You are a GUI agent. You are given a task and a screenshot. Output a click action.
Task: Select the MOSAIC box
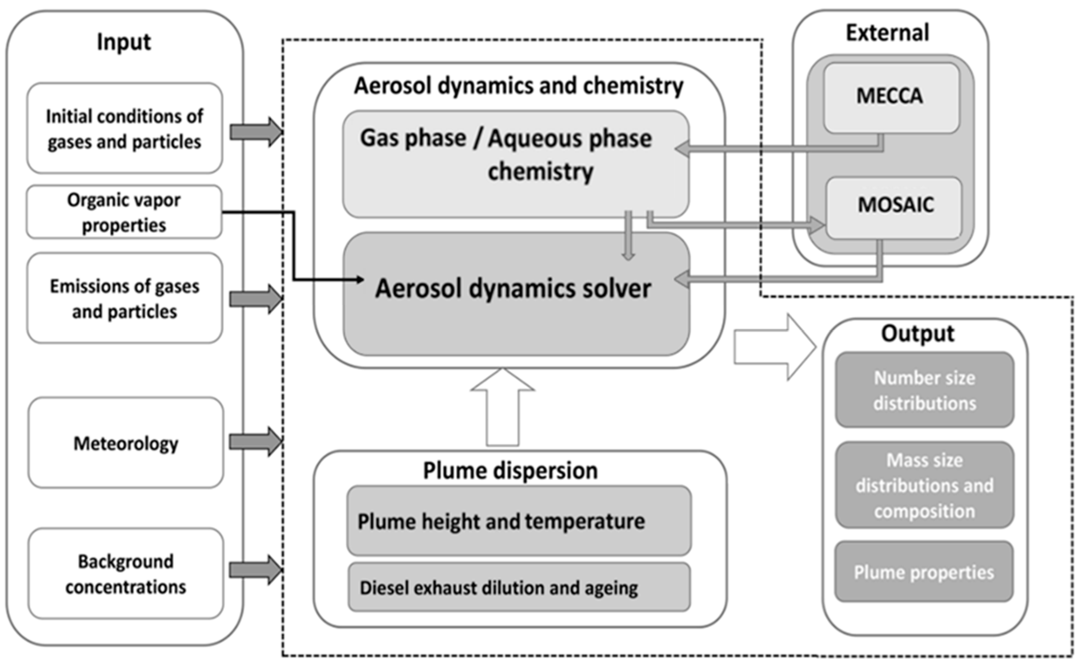[894, 207]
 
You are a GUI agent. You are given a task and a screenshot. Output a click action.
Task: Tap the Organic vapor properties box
[124, 212]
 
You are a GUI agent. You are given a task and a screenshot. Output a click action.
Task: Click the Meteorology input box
[125, 443]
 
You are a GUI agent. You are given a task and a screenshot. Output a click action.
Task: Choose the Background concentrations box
[125, 574]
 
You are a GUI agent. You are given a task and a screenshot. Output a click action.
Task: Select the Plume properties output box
[924, 572]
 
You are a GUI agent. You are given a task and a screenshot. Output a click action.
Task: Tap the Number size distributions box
[924, 390]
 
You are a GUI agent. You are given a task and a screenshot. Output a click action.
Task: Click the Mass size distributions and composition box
[924, 485]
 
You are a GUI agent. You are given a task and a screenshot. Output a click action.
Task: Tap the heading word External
[887, 33]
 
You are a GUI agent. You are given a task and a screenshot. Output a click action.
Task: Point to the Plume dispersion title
[510, 470]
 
